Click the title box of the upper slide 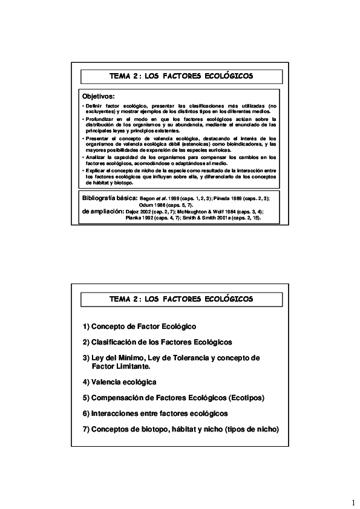coord(181,77)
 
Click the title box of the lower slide coord(181,299)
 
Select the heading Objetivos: coord(98,97)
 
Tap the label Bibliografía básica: coord(109,198)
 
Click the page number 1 coord(352,503)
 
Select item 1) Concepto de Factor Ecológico coord(140,326)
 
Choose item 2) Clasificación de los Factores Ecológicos coord(157,342)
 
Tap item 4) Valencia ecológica coord(120,382)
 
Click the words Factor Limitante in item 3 coord(120,366)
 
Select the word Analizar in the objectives coord(95,157)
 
